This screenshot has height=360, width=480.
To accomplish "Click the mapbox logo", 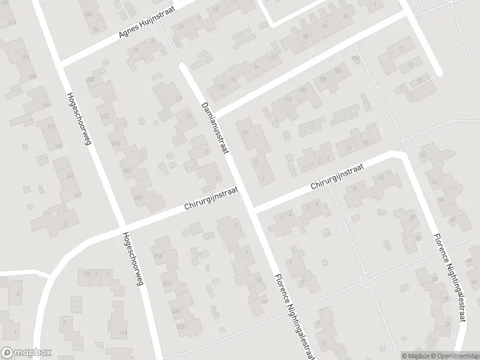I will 26,353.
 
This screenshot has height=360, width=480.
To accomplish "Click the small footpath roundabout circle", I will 367,280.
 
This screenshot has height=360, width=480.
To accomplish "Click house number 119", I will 123,334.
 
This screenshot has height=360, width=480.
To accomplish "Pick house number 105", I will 323,80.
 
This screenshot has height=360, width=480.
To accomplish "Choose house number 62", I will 275,57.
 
